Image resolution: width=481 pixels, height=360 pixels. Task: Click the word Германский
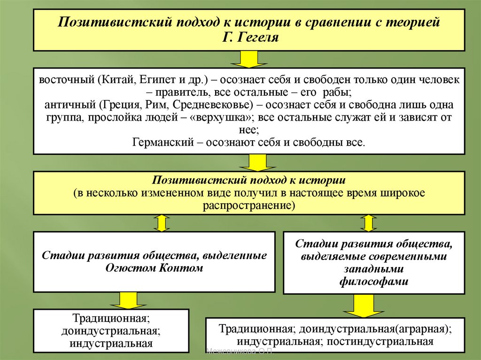[x=163, y=142]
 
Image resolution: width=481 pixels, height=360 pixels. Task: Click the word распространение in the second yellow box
[x=248, y=206]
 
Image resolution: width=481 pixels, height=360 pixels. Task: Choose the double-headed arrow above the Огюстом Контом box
[x=161, y=223]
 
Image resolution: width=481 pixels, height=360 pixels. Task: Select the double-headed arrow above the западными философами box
[x=368, y=223]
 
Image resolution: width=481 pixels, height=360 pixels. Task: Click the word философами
[x=373, y=282]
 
